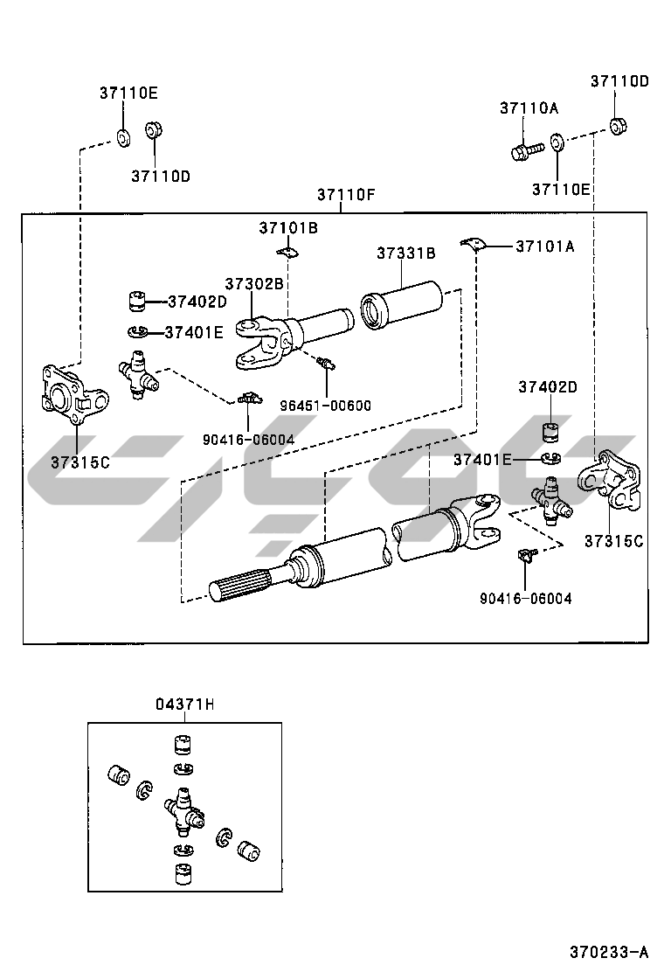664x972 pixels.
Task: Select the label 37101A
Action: click(544, 246)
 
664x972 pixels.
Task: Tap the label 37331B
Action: click(406, 253)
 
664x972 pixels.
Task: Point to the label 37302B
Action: click(254, 284)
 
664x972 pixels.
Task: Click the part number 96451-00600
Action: click(326, 405)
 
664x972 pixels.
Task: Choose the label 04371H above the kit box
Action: click(184, 705)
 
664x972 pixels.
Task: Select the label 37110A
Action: click(529, 108)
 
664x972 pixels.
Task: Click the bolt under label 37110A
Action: click(523, 151)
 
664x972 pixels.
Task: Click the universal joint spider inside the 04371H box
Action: click(184, 808)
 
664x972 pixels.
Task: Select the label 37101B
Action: click(287, 228)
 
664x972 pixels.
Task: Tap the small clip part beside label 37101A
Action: click(473, 241)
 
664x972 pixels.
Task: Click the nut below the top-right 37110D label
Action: click(617, 125)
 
